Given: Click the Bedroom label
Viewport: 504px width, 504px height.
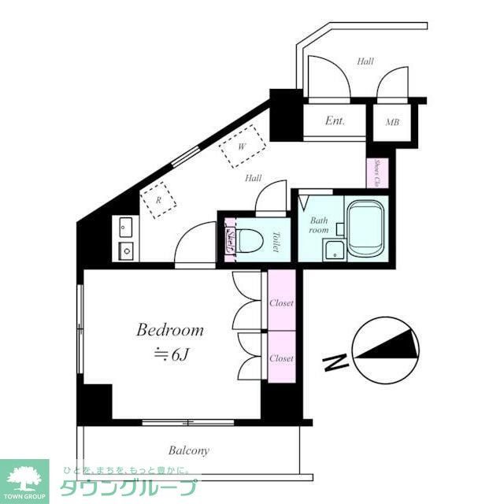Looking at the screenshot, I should pos(170,330).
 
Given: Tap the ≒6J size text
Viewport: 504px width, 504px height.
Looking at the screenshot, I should pos(172,354).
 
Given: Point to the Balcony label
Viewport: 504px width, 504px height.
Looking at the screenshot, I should pos(189,451).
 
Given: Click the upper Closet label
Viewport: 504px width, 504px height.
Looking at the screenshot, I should pos(281,302).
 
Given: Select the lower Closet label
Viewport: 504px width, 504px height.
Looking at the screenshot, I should pos(281,358).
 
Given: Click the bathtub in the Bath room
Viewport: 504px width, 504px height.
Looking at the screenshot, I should pos(367,229).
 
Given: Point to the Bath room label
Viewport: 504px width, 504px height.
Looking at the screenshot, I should pos(318,225).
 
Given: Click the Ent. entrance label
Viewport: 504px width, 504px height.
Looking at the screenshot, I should pos(335,121).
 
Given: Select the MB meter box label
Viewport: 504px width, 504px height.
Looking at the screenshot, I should pos(391,123).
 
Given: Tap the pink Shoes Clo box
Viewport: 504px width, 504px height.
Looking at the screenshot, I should pos(377,172).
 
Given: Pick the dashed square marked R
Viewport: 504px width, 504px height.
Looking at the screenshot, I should pos(158,200).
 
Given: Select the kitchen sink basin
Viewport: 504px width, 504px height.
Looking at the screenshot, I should pos(125,250).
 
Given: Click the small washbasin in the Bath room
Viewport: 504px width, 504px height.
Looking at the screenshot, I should pos(335,251).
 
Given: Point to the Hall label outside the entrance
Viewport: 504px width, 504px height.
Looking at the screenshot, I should pos(365,61).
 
